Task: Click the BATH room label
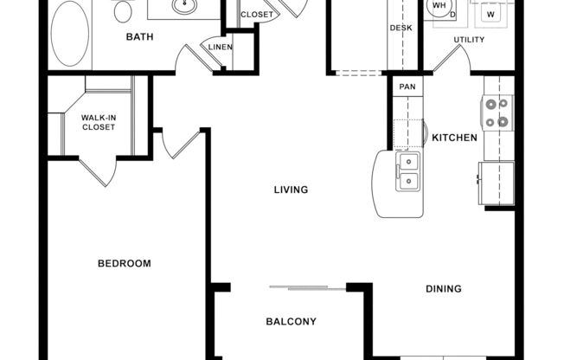tap(140, 36)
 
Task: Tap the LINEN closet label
tap(220, 47)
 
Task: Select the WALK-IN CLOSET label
tap(98, 122)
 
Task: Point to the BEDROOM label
tap(124, 264)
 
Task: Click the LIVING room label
tap(291, 190)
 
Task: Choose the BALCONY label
tap(291, 322)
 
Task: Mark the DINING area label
tap(443, 289)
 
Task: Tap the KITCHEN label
tap(455, 138)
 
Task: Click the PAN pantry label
tap(406, 87)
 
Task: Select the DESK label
tap(401, 29)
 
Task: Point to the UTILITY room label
tap(470, 40)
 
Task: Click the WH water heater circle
tap(440, 7)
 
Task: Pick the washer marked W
tap(490, 14)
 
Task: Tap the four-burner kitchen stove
tap(497, 112)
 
